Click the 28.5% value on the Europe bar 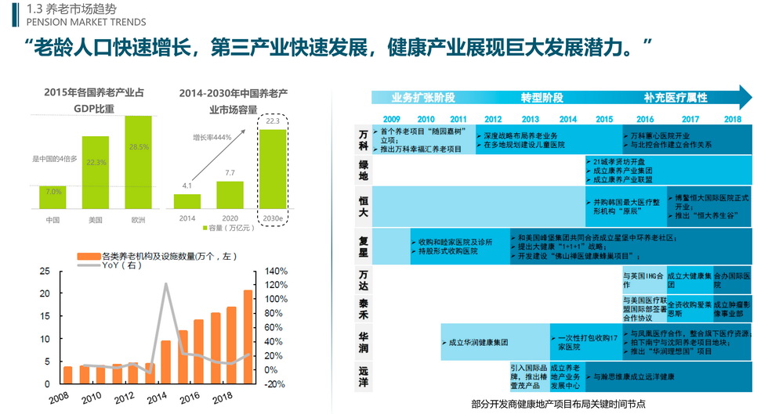pos(139,147)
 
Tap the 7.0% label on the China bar pos(53,191)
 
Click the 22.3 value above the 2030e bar pos(273,121)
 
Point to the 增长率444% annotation pos(212,137)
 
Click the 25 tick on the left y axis pos(45,271)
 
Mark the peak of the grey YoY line pos(166,284)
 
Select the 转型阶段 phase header pos(542,98)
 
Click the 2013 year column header pos(531,119)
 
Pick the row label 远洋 pos(363,376)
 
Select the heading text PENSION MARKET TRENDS pos(75,22)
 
